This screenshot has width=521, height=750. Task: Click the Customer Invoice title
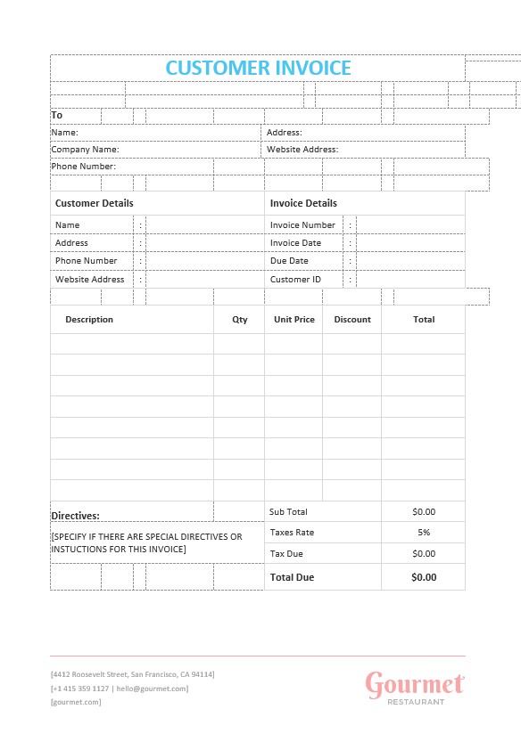tap(259, 68)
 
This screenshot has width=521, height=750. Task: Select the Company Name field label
tap(85, 150)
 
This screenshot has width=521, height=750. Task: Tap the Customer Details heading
tap(95, 203)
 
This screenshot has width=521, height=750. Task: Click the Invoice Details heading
tap(303, 203)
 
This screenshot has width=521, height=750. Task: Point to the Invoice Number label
tap(302, 225)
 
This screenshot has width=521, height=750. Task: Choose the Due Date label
tap(289, 261)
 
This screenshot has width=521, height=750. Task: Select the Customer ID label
tap(295, 280)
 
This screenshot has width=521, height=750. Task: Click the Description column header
tap(89, 320)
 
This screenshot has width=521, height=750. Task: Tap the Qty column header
tap(240, 320)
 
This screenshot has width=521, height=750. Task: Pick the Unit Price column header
tap(294, 320)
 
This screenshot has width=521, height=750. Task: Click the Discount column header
tap(352, 320)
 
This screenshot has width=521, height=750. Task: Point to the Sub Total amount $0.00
tap(424, 512)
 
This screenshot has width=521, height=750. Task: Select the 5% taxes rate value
tap(424, 533)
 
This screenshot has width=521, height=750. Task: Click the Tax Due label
tap(286, 554)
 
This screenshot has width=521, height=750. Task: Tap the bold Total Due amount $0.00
tap(424, 577)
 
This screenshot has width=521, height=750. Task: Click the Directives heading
tap(75, 516)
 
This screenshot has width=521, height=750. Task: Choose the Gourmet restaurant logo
tap(415, 687)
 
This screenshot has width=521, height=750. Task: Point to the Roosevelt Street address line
tap(132, 674)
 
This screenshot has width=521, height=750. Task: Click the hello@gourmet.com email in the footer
tap(152, 689)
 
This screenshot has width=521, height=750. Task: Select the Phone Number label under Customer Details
tap(86, 261)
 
